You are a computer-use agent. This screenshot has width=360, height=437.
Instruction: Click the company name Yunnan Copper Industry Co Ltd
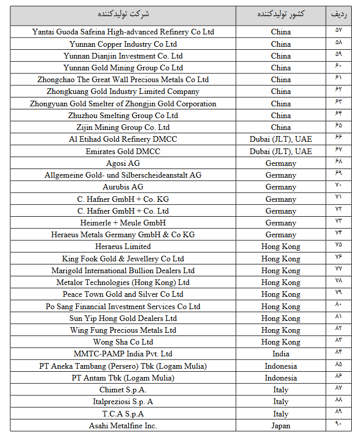(x=123, y=44)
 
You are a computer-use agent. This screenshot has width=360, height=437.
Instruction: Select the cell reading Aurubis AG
(x=123, y=187)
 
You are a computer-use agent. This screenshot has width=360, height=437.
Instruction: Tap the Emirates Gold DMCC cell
(x=123, y=151)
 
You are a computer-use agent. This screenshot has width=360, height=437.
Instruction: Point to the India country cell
(x=280, y=354)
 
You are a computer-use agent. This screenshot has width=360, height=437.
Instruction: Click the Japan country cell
(x=280, y=425)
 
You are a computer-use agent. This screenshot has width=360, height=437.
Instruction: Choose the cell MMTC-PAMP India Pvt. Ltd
(x=123, y=354)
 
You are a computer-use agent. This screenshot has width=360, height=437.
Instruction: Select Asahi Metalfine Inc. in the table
(x=123, y=425)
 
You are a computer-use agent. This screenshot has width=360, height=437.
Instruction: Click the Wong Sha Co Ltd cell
(x=123, y=342)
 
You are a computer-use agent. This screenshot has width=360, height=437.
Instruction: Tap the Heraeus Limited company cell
(x=123, y=246)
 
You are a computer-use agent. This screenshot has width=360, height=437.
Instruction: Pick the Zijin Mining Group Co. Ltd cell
(x=123, y=127)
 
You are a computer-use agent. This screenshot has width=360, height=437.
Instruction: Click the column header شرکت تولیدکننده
(x=123, y=14)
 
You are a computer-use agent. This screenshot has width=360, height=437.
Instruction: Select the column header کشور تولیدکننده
(x=280, y=14)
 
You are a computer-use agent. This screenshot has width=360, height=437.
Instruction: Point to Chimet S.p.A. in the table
(x=123, y=390)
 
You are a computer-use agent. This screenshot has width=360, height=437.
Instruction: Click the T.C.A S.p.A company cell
(x=123, y=413)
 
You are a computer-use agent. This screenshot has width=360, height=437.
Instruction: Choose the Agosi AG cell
(x=123, y=163)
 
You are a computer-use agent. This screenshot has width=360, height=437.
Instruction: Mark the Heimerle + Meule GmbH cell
(x=123, y=223)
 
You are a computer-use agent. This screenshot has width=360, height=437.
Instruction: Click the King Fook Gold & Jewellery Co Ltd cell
(x=123, y=258)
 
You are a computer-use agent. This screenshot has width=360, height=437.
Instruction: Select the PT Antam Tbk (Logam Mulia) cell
(x=123, y=378)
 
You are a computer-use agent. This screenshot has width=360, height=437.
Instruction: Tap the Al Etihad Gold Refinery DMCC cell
(x=123, y=139)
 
